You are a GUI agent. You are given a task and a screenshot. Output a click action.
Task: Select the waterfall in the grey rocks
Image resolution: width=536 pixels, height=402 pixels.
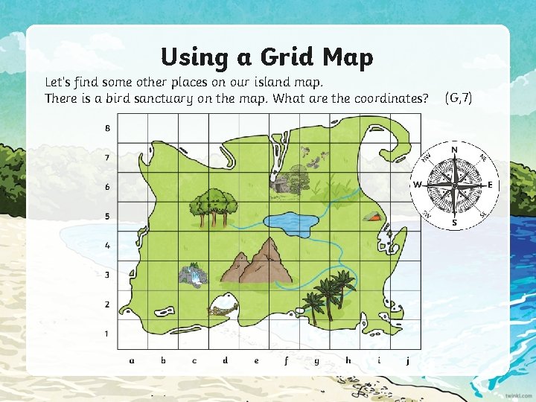pyautogui.click(x=194, y=275)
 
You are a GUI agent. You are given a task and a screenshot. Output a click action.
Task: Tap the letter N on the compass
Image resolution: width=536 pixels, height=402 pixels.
pyautogui.click(x=454, y=150)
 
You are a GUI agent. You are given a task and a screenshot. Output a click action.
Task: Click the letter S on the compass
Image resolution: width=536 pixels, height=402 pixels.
pyautogui.click(x=454, y=221)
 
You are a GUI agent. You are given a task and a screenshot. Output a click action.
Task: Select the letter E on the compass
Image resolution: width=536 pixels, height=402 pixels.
pyautogui.click(x=490, y=185)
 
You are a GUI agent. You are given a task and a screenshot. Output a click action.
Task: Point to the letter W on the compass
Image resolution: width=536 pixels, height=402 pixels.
pyautogui.click(x=418, y=185)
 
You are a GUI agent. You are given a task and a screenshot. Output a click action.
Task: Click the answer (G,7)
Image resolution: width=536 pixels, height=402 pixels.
pyautogui.click(x=459, y=98)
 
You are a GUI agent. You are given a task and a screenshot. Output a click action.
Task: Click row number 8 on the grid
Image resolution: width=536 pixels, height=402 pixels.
pyautogui.click(x=107, y=128)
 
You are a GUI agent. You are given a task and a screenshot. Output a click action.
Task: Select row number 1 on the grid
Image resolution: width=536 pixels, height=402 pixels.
pyautogui.click(x=107, y=334)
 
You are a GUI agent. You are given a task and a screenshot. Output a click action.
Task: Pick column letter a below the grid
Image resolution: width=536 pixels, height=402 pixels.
pyautogui.click(x=132, y=360)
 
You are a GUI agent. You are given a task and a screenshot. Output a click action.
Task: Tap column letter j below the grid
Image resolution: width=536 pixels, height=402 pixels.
pyautogui.click(x=408, y=361)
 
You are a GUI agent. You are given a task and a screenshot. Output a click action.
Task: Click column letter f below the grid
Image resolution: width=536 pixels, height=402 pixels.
pyautogui.click(x=286, y=361)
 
